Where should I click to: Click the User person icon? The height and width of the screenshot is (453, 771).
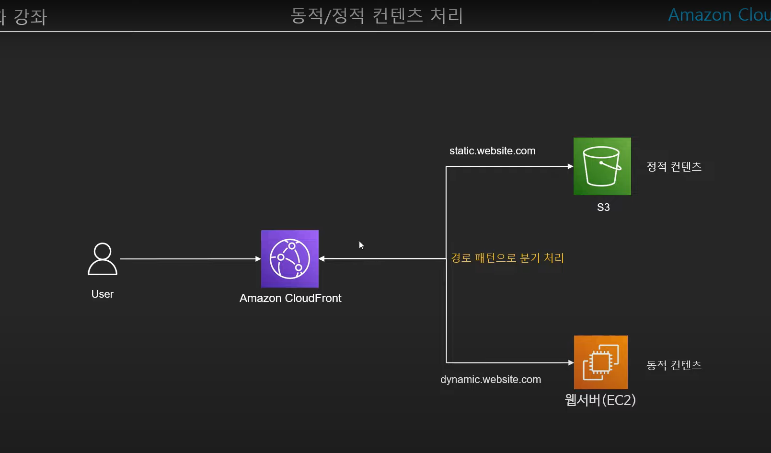click(x=103, y=259)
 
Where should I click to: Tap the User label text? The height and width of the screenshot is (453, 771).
click(x=103, y=294)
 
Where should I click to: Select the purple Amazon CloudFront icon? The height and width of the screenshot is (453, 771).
click(x=290, y=259)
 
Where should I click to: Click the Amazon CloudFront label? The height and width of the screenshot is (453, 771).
click(x=290, y=298)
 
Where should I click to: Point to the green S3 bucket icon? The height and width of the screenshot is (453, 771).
click(x=602, y=166)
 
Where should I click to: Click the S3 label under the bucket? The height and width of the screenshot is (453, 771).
click(x=603, y=207)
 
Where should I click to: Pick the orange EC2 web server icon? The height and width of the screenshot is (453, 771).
click(x=601, y=362)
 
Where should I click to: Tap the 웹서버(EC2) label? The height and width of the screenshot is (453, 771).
click(x=600, y=400)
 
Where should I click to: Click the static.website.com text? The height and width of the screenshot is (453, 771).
click(x=493, y=151)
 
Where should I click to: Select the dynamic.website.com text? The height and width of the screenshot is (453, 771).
click(x=491, y=380)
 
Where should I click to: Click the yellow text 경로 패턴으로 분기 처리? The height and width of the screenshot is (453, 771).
click(x=507, y=258)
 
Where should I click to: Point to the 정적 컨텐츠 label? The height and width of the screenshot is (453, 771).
click(x=674, y=167)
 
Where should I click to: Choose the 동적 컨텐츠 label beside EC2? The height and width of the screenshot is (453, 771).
click(x=674, y=365)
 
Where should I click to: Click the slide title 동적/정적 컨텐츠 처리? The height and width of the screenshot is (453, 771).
click(x=377, y=16)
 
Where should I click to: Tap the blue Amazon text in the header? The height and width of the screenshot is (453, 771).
click(x=700, y=15)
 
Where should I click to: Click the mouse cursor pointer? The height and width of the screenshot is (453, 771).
click(x=361, y=245)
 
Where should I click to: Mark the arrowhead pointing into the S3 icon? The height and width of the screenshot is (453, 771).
click(x=570, y=166)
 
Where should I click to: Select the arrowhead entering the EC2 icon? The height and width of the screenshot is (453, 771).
click(x=571, y=362)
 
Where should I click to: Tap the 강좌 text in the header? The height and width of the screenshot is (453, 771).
click(x=30, y=17)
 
